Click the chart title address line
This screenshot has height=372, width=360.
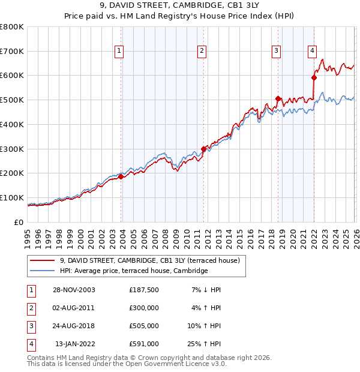click(180, 7)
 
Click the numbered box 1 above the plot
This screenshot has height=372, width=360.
click(120, 51)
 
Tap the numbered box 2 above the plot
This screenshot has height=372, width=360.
click(202, 51)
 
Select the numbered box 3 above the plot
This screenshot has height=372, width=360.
click(277, 51)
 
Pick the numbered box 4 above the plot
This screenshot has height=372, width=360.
click(313, 51)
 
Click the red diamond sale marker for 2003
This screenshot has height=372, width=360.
click(121, 176)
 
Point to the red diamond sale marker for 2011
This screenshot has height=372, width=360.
click(203, 149)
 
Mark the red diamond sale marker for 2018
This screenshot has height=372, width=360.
click(278, 98)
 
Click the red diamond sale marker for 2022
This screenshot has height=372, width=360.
click(314, 77)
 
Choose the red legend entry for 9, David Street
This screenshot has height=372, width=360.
click(150, 260)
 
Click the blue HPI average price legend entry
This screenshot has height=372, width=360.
click(133, 271)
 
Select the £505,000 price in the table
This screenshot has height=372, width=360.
click(144, 327)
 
